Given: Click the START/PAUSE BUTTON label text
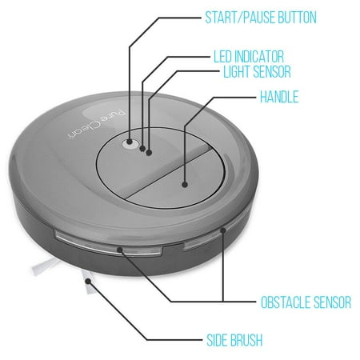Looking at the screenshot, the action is pos(261,18).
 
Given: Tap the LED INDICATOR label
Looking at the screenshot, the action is pos(249,57).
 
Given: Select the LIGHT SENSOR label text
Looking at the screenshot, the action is pos(257,71).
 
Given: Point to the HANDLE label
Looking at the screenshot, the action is pos(279,97).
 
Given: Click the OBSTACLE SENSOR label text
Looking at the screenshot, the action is pos(306,302).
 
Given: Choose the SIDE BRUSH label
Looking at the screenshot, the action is pos(234,340).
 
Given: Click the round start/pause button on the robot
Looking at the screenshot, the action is pos(130,143).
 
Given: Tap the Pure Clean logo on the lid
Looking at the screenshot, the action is pos(97,125).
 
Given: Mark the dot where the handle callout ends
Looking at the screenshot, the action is pos(185,184).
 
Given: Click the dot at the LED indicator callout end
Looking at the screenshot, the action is pos(142,149).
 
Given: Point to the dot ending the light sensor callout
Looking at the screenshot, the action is pos(149,153).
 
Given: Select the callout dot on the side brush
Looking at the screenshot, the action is pos(88,281).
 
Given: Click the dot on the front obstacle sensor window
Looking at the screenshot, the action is pos(120,250).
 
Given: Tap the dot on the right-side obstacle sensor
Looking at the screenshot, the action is pos(223,230).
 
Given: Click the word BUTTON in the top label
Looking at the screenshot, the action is pos(297,18).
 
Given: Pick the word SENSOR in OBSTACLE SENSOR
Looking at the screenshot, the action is pos(332,302).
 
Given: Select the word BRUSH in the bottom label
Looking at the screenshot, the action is pos(246,340).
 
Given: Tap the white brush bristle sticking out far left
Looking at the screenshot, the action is pos(45,266).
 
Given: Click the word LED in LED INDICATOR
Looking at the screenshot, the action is pos(222,57).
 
